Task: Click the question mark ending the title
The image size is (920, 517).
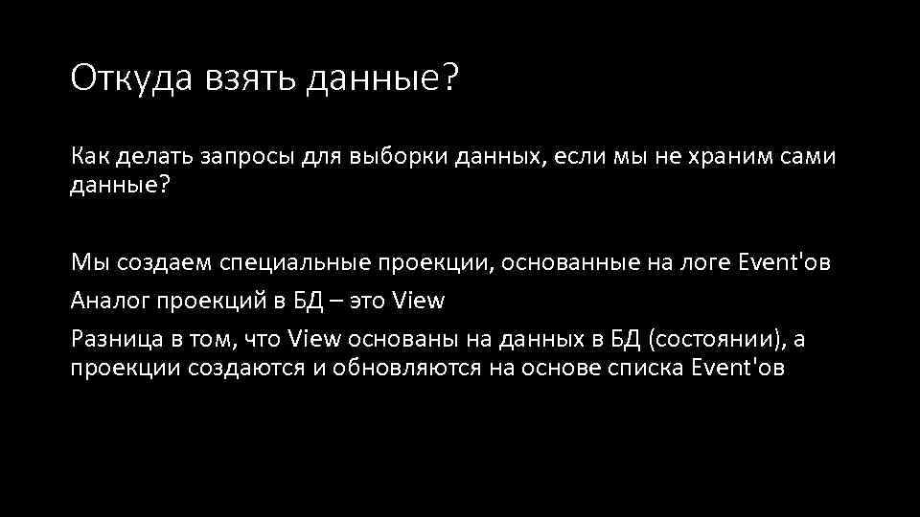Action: coord(450,79)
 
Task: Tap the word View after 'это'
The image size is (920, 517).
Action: coord(419,301)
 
